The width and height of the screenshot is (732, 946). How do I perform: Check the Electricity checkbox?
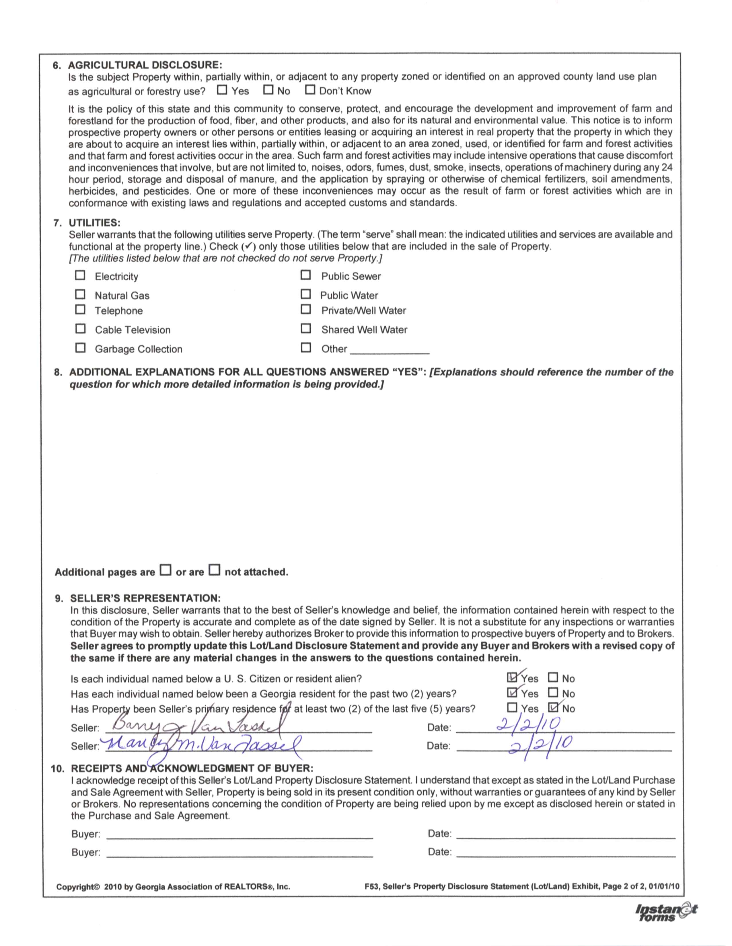(81, 275)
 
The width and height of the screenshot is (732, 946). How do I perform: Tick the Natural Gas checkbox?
(81, 294)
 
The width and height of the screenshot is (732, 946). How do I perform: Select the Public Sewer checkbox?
(306, 275)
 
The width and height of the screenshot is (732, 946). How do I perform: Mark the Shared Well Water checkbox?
(306, 329)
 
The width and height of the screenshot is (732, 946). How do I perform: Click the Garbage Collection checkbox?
(81, 348)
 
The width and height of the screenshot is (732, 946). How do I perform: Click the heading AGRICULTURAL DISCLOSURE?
(145, 65)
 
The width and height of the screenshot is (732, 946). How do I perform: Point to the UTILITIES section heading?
(94, 223)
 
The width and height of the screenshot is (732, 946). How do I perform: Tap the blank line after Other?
(389, 350)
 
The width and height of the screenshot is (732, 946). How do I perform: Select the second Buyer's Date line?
(566, 853)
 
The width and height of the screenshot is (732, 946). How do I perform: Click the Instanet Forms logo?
(666, 913)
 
